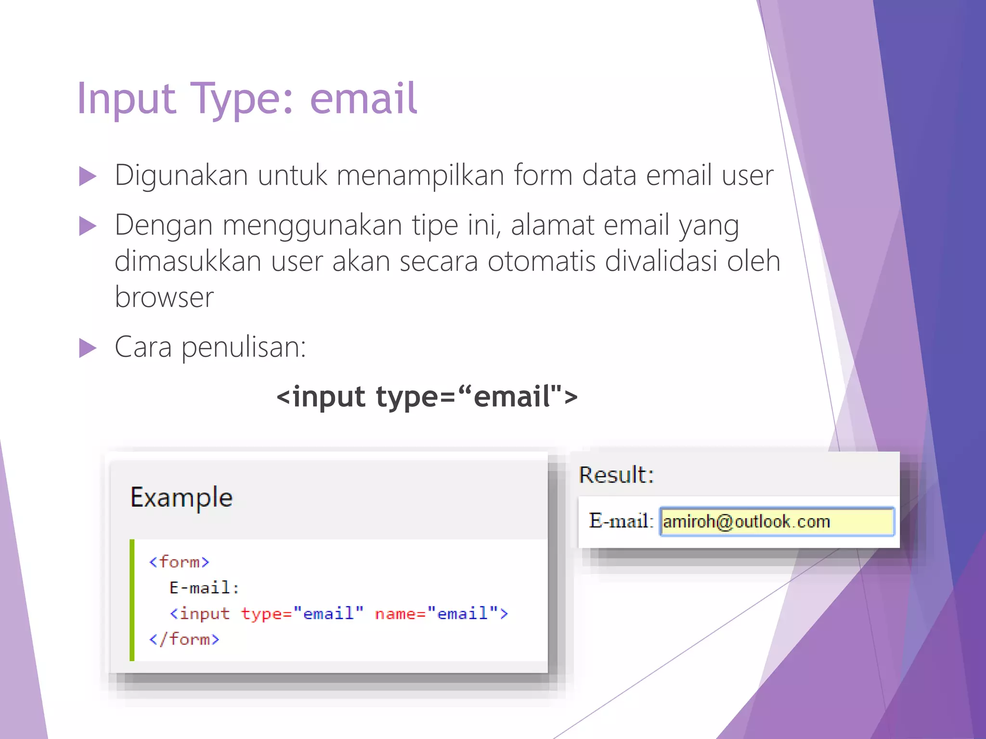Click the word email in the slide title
tap(363, 99)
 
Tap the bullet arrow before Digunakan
tap(88, 176)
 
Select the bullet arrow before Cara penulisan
tap(88, 348)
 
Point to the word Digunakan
tap(182, 175)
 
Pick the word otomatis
tap(541, 261)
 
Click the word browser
tap(164, 297)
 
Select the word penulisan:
tap(244, 347)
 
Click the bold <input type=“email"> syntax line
tap(427, 396)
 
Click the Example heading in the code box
tap(182, 497)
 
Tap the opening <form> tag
tap(179, 562)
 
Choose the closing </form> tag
tap(184, 639)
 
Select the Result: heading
tap(616, 475)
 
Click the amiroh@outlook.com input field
tap(777, 522)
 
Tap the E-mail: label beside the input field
tap(621, 521)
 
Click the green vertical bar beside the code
tap(132, 600)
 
